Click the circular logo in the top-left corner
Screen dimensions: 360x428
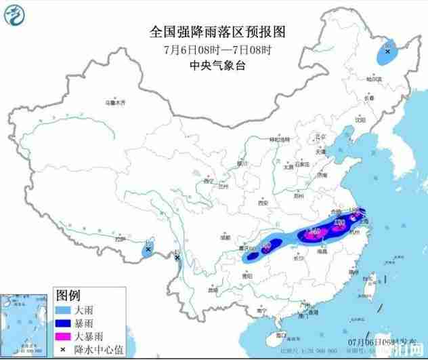click(x=13, y=14)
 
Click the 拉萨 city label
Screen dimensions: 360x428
click(x=120, y=239)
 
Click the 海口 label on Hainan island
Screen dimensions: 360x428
click(x=280, y=334)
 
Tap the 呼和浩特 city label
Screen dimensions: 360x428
click(x=279, y=138)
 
